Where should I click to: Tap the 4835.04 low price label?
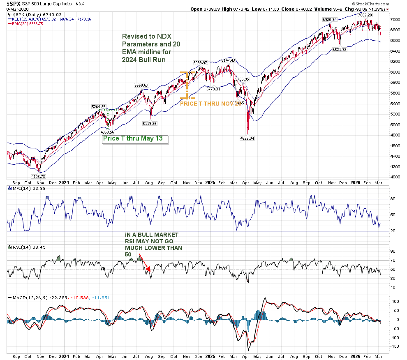click(247, 138)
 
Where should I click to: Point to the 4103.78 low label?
click(39, 176)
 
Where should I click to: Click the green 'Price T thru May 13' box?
click(135, 138)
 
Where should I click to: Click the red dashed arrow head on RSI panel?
click(149, 270)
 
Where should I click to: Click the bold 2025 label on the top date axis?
click(210, 182)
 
